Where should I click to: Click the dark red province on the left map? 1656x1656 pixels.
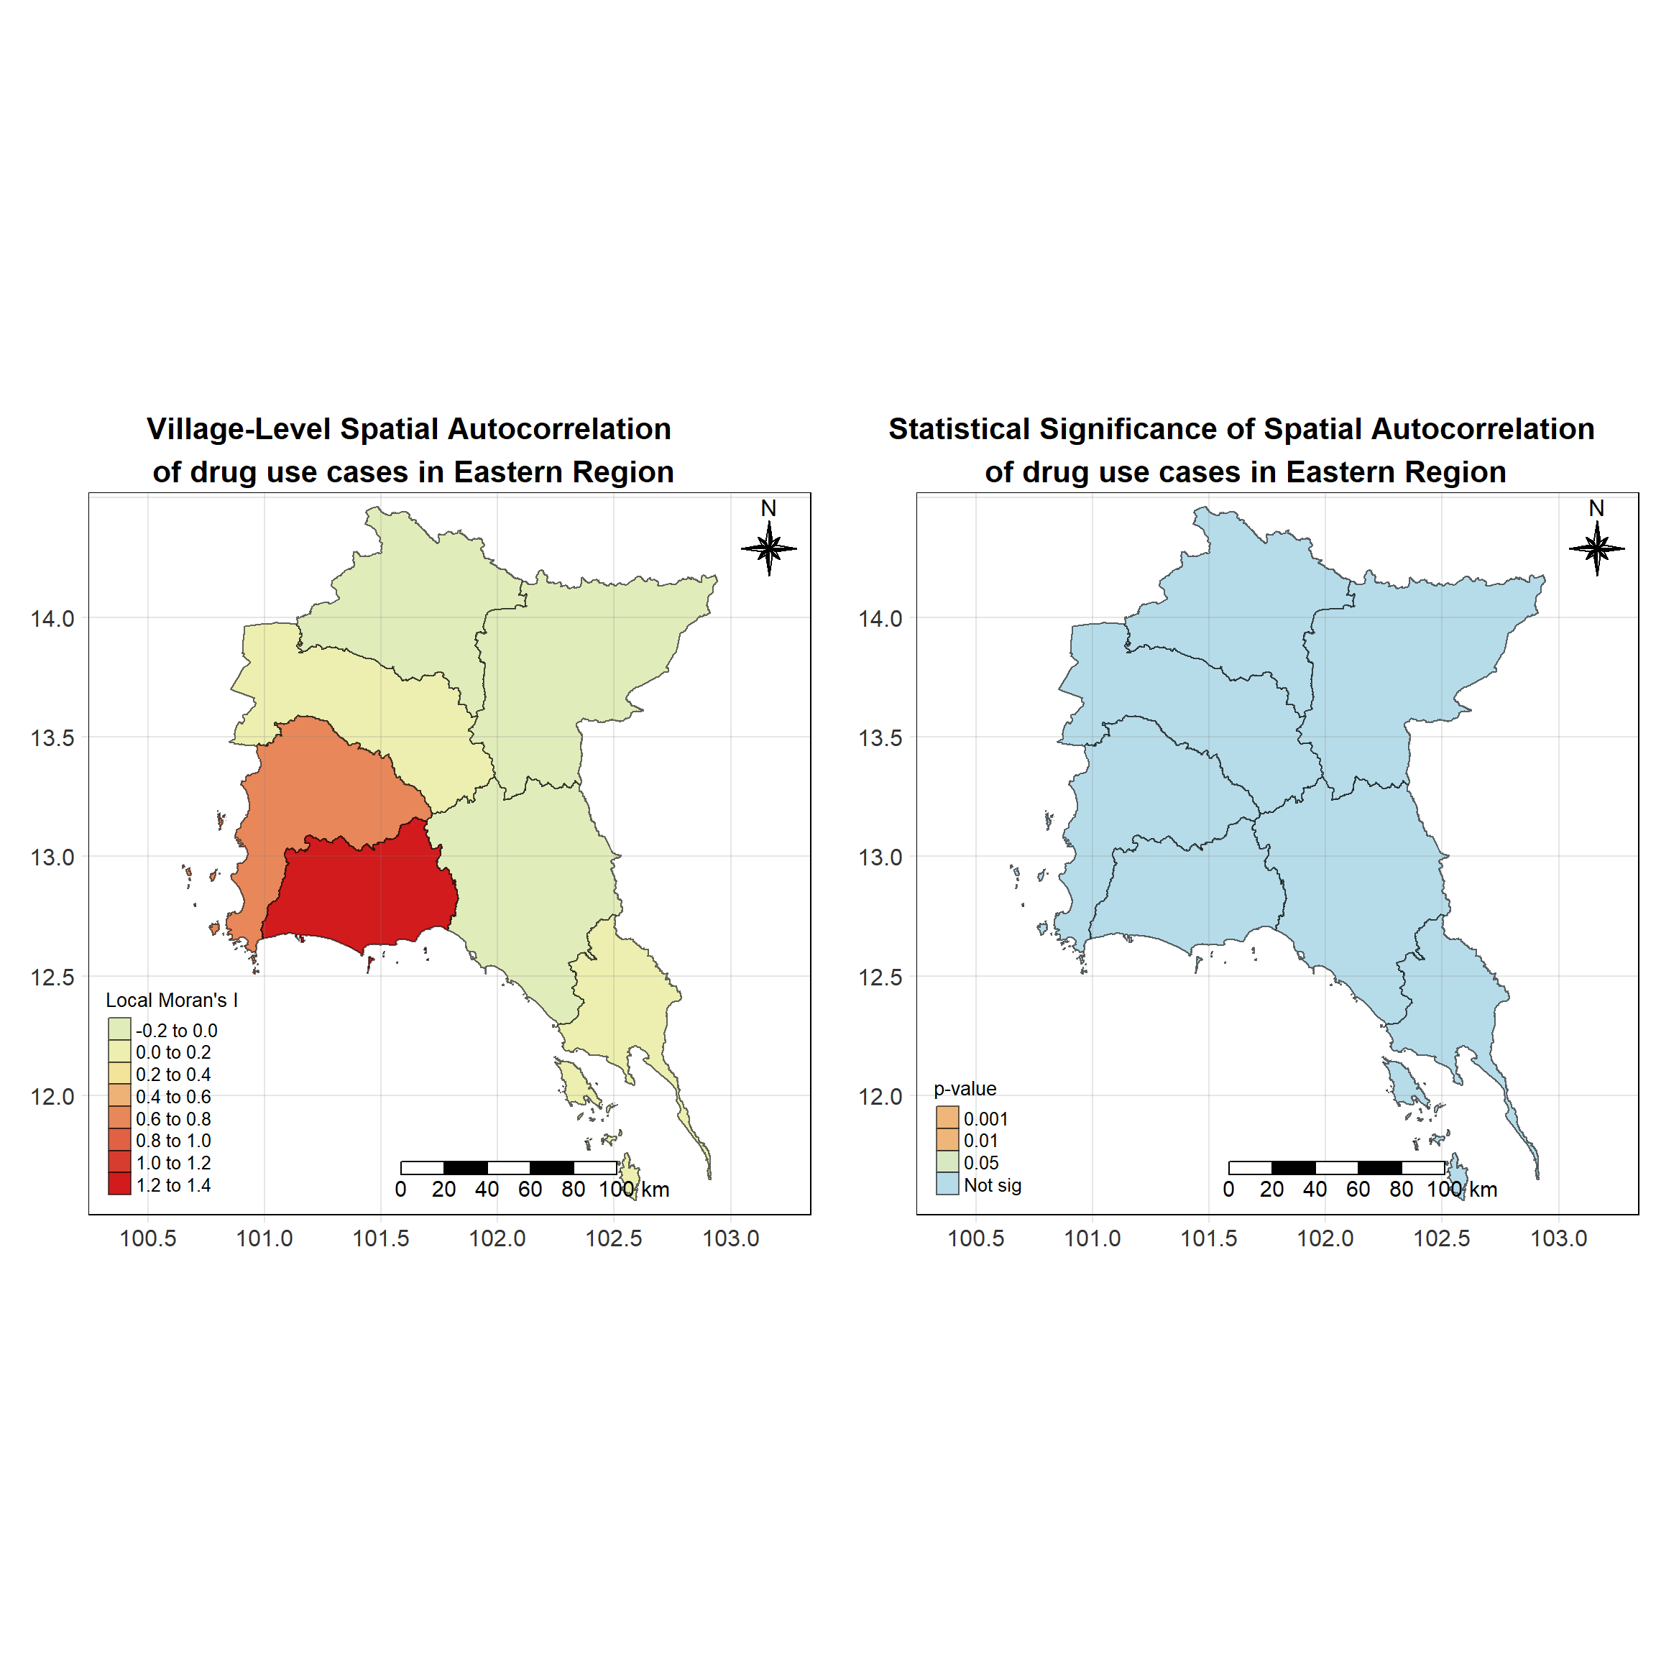click(x=360, y=891)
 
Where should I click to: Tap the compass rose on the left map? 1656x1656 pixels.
click(x=769, y=548)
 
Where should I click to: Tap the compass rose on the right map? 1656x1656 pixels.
click(x=1597, y=548)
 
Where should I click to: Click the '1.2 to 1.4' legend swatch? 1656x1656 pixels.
click(x=119, y=1184)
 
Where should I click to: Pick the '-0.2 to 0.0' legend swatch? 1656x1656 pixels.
click(x=119, y=1029)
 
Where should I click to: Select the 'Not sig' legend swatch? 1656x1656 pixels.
click(x=947, y=1184)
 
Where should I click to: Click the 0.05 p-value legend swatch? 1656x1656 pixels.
click(x=947, y=1162)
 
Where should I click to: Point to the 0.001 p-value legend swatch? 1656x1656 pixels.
click(x=947, y=1118)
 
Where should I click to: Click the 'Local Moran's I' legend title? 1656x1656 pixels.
click(x=172, y=1000)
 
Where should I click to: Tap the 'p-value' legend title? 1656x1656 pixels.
click(x=965, y=1089)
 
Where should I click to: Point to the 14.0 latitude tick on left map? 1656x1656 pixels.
click(x=52, y=618)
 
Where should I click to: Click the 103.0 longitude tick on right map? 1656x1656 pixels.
click(x=1558, y=1238)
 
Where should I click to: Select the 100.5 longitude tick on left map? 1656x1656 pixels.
click(x=147, y=1238)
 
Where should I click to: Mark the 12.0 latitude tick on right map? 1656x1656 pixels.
click(x=880, y=1096)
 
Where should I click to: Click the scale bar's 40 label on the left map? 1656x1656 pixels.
click(x=487, y=1190)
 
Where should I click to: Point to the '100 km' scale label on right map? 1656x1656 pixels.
click(x=1461, y=1190)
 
